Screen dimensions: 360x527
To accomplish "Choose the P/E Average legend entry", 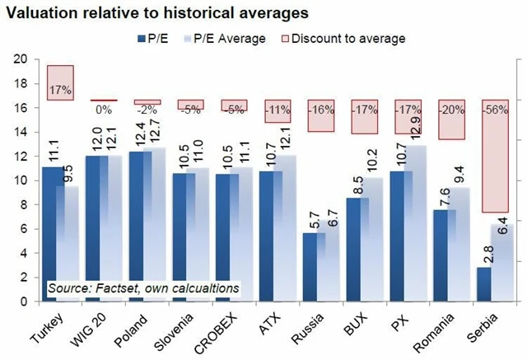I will coord(228,38).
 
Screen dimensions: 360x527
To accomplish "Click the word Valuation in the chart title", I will coord(42,12).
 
